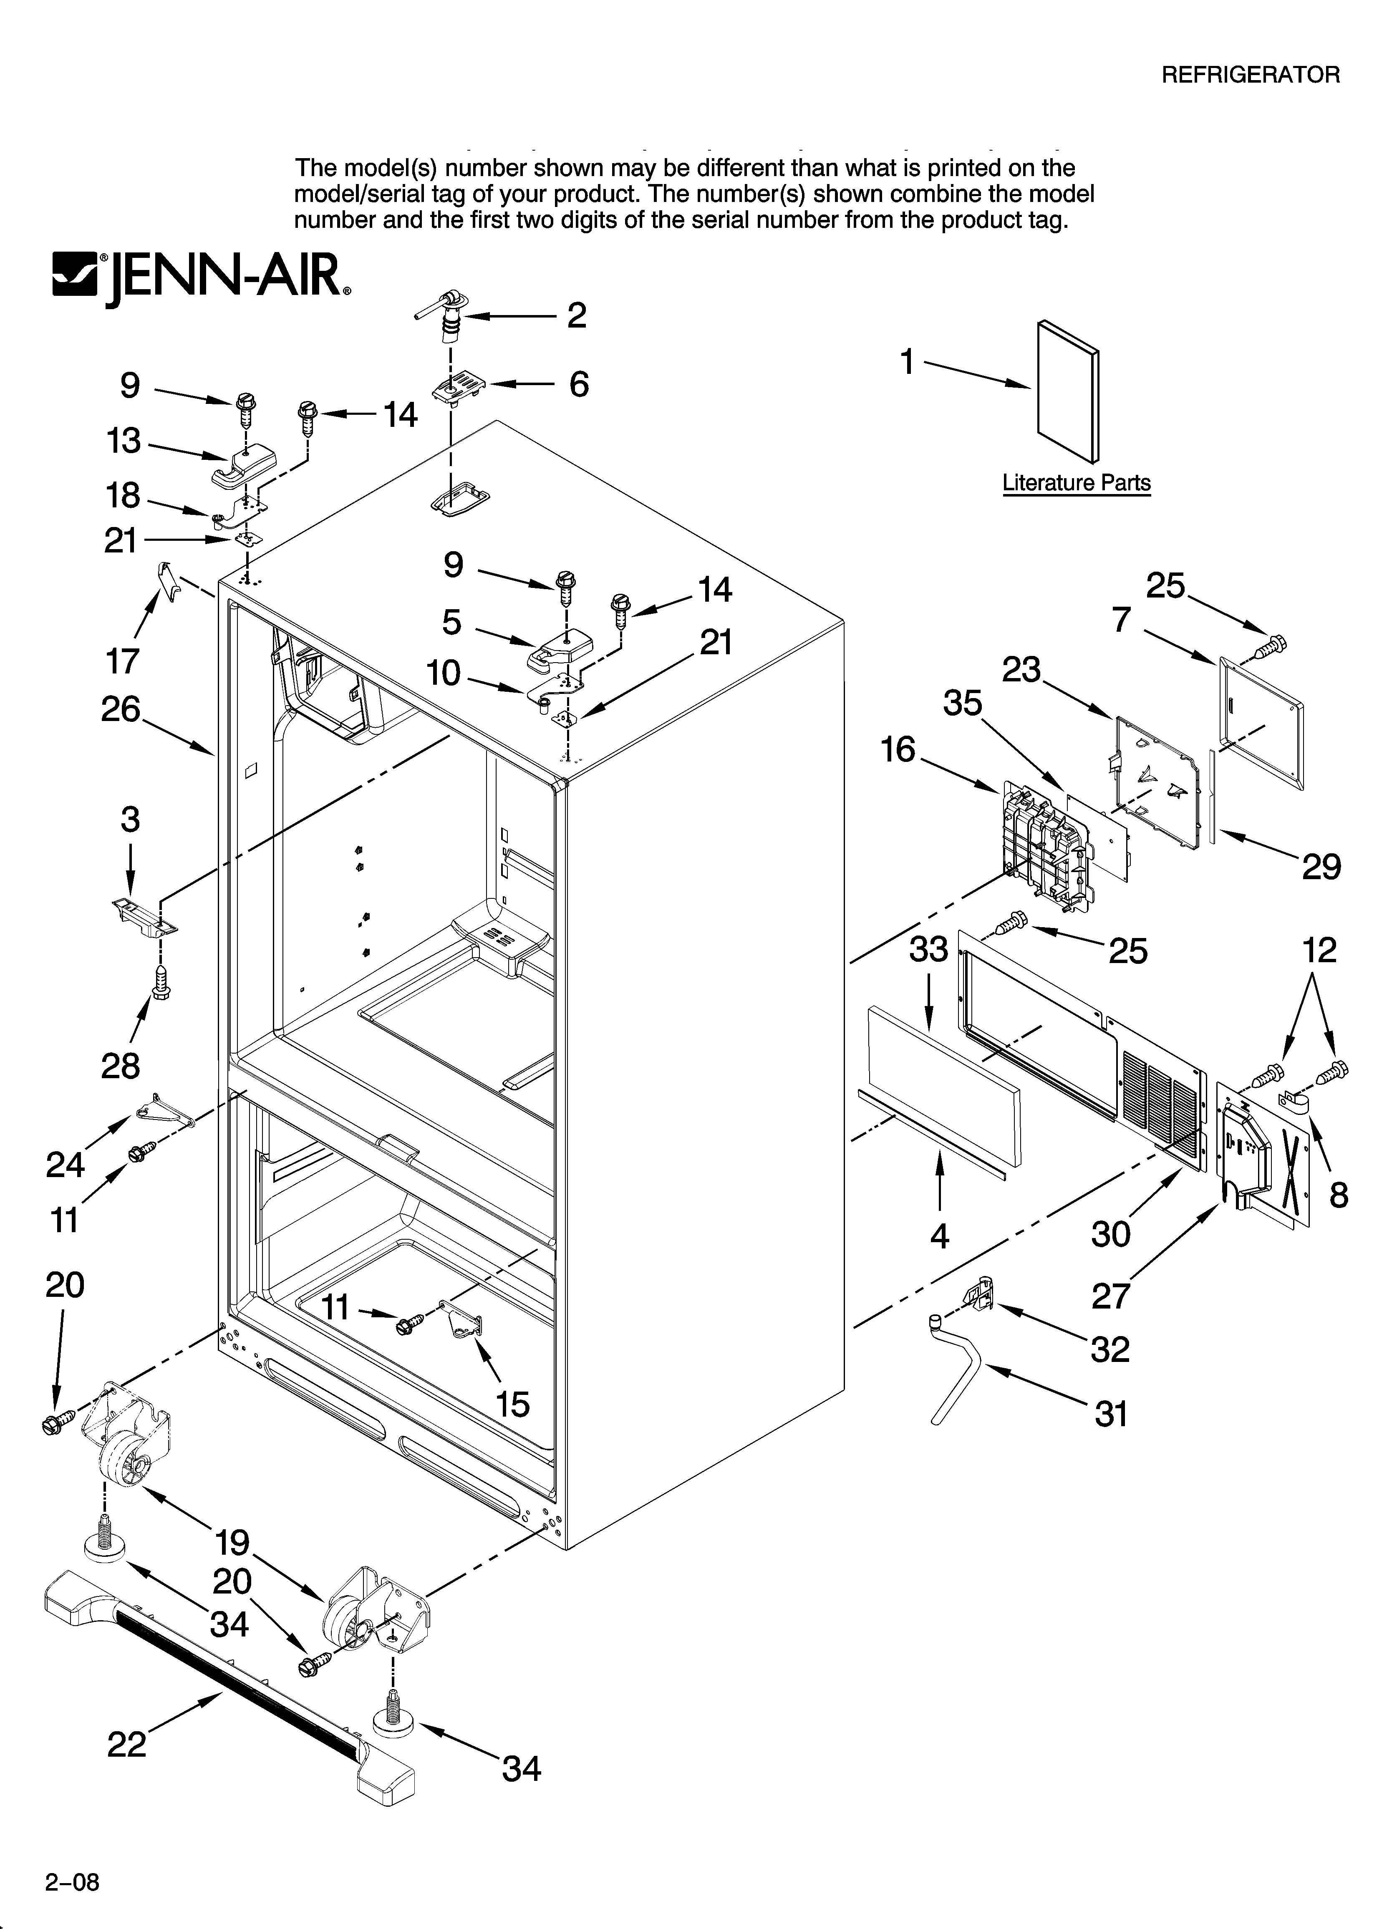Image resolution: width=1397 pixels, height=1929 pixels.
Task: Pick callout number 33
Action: (928, 949)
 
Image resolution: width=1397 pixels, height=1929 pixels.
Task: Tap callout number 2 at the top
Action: (577, 315)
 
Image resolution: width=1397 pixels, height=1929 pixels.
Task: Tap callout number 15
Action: (513, 1404)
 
